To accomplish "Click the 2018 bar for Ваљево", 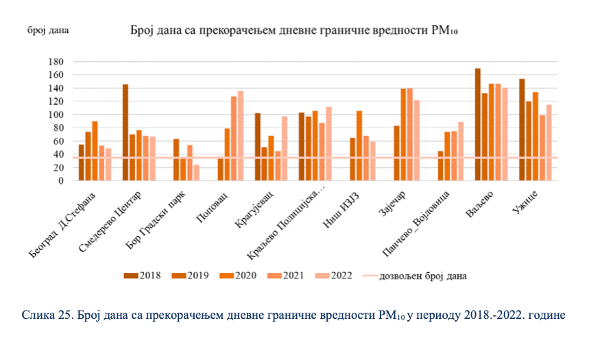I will pyautogui.click(x=477, y=124).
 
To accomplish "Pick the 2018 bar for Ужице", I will pyautogui.click(x=521, y=130).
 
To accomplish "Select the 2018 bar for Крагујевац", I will pyautogui.click(x=257, y=147).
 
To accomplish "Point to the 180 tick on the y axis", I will pyautogui.click(x=57, y=62).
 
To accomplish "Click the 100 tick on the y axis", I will pyautogui.click(x=57, y=115).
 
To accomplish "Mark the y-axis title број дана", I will pyautogui.click(x=48, y=30).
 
